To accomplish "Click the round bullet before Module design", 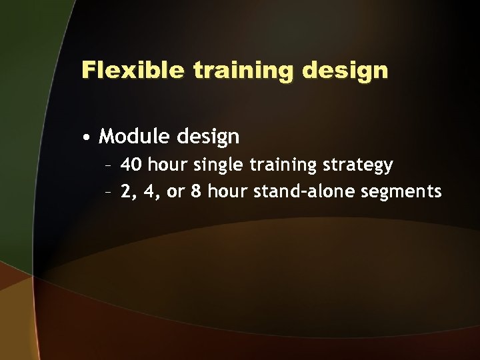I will (x=87, y=138).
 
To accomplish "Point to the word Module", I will (x=135, y=137).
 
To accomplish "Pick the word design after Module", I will (x=208, y=137).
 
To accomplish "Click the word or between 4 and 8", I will (x=175, y=192).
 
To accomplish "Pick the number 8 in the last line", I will (x=196, y=192).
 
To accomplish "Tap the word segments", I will (x=402, y=192).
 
